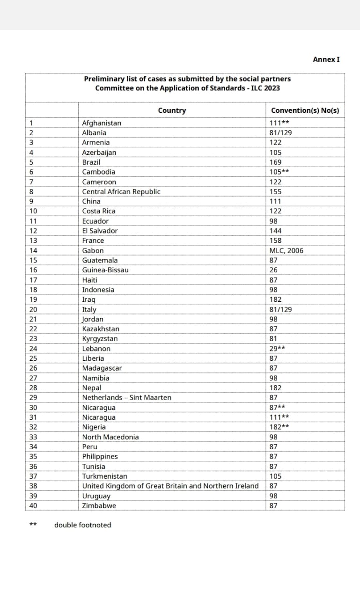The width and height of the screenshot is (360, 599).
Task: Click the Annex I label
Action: (326, 59)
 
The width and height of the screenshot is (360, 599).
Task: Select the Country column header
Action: (172, 110)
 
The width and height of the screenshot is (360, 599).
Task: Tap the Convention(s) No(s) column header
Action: (305, 110)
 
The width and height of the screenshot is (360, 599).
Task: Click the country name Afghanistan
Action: (102, 123)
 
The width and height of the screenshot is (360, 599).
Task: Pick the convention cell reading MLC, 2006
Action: (287, 250)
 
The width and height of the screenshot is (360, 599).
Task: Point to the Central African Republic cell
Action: (121, 191)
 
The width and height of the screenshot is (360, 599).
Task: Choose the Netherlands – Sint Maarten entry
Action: (127, 397)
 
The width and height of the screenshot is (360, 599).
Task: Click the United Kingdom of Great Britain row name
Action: (170, 486)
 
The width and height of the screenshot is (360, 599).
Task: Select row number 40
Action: (33, 505)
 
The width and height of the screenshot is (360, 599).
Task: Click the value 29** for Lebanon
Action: (278, 349)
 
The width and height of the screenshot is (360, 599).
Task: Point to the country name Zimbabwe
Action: (99, 505)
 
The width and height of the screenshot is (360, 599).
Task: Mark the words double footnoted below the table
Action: (83, 525)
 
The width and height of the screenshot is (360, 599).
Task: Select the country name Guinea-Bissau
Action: (105, 270)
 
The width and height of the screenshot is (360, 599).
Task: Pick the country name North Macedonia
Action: (110, 437)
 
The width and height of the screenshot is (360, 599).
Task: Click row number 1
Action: (31, 123)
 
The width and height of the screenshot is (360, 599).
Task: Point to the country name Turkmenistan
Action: (104, 476)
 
